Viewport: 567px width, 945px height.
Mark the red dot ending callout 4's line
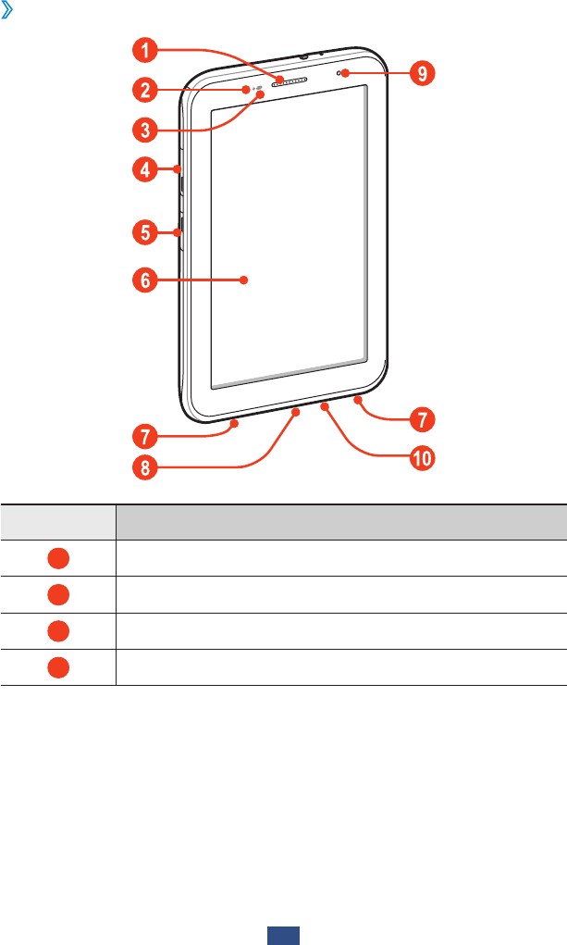tap(177, 168)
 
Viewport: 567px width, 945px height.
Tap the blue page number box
tap(284, 937)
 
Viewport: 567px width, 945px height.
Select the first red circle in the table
tap(58, 558)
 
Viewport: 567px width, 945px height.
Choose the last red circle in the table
tap(58, 666)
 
